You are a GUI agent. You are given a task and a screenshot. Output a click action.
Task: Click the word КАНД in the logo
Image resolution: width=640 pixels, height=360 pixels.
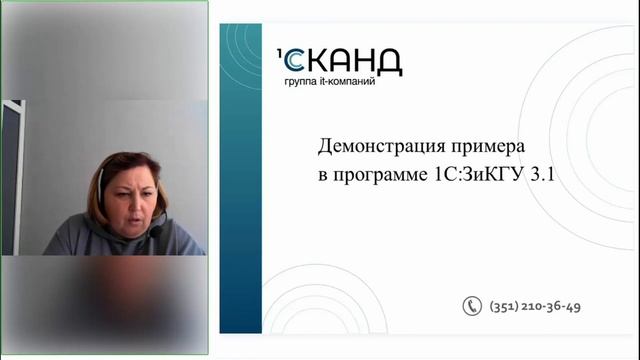[x=358, y=61]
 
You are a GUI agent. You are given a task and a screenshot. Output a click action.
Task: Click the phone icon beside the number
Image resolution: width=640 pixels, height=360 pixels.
[x=472, y=306]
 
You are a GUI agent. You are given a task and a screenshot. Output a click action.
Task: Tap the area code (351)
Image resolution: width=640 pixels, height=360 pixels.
[x=505, y=306]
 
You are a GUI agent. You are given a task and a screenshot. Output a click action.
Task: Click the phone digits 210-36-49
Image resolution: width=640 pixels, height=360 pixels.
[x=553, y=306]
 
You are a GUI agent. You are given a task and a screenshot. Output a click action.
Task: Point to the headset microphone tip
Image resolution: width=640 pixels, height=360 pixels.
[x=156, y=232]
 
